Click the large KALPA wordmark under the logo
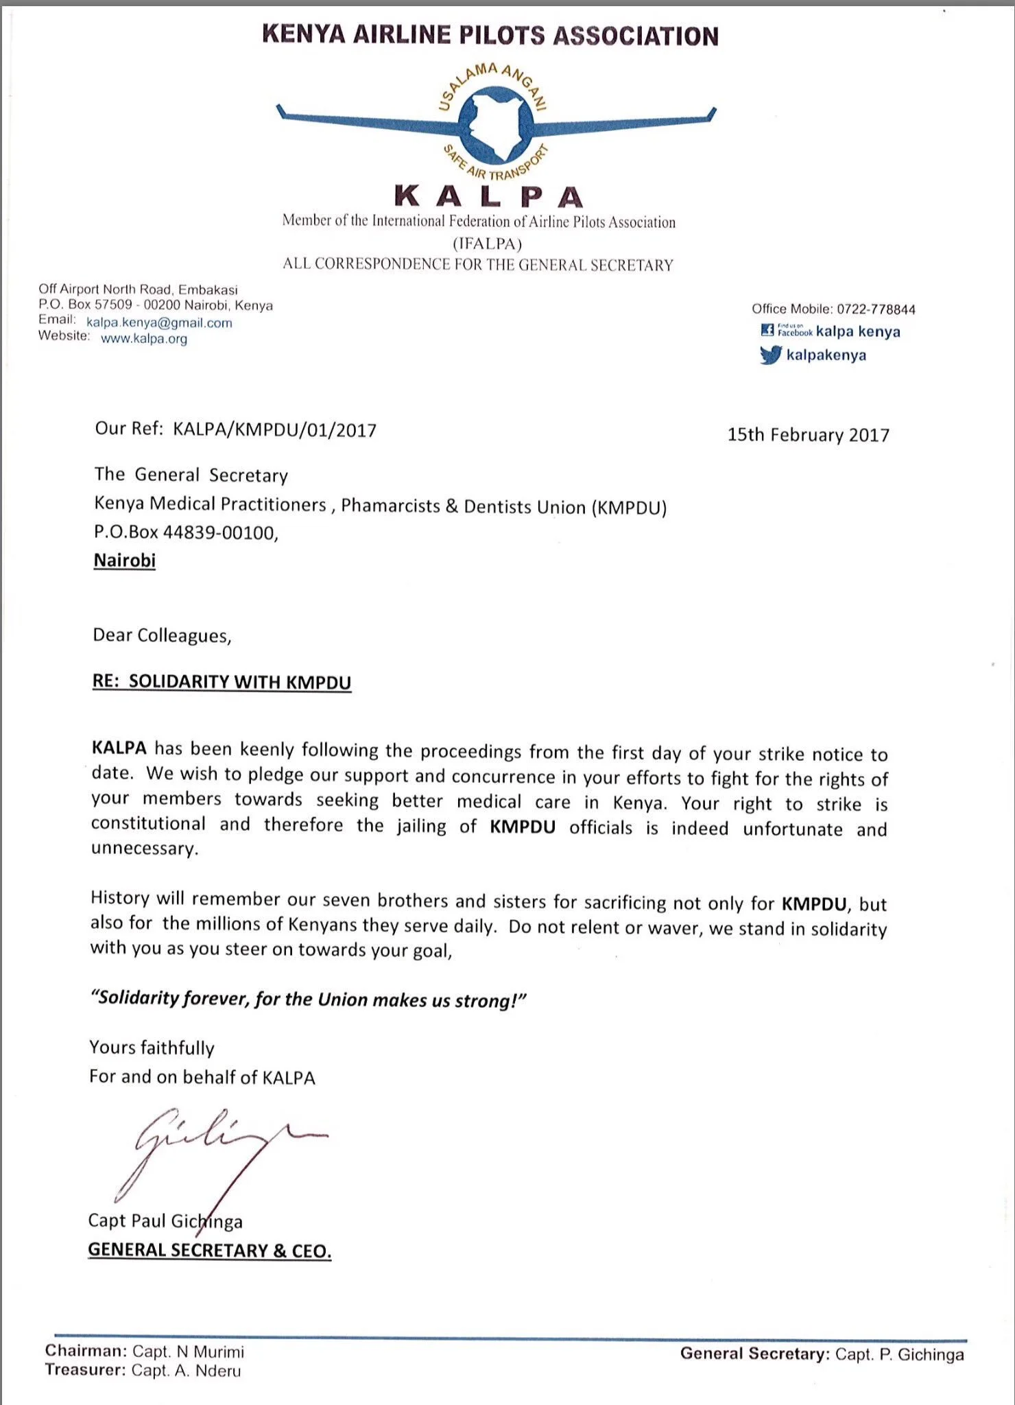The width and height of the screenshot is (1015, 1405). pyautogui.click(x=489, y=197)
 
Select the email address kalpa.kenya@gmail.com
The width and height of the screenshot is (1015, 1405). pyautogui.click(x=159, y=322)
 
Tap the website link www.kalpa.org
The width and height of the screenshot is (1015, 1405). pyautogui.click(x=144, y=338)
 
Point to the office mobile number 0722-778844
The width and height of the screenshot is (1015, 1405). pyautogui.click(x=876, y=309)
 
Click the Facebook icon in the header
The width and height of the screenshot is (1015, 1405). pyautogui.click(x=767, y=331)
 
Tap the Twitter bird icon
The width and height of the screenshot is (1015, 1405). pyautogui.click(x=770, y=355)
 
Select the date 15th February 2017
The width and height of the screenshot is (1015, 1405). pyautogui.click(x=808, y=435)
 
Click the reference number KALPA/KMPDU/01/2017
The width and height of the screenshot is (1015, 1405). pyautogui.click(x=274, y=430)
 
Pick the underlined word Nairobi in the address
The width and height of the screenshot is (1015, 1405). pyautogui.click(x=125, y=560)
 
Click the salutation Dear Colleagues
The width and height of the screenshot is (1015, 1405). pyautogui.click(x=162, y=635)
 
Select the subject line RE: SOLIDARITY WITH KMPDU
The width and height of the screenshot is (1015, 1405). pyautogui.click(x=222, y=682)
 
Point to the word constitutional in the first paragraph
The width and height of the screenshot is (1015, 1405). pyautogui.click(x=148, y=823)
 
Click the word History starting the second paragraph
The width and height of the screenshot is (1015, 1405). pyautogui.click(x=120, y=898)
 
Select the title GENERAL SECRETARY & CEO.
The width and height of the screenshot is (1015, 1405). pyautogui.click(x=209, y=1250)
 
